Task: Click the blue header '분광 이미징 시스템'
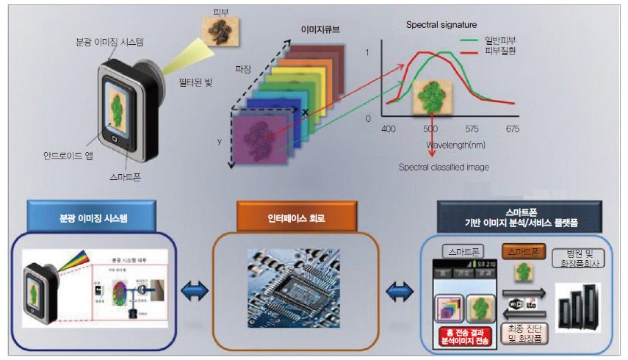click(x=93, y=217)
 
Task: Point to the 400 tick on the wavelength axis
click(x=389, y=129)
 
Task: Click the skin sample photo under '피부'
click(x=220, y=30)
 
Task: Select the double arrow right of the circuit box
click(x=400, y=292)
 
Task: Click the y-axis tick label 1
click(x=367, y=53)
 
